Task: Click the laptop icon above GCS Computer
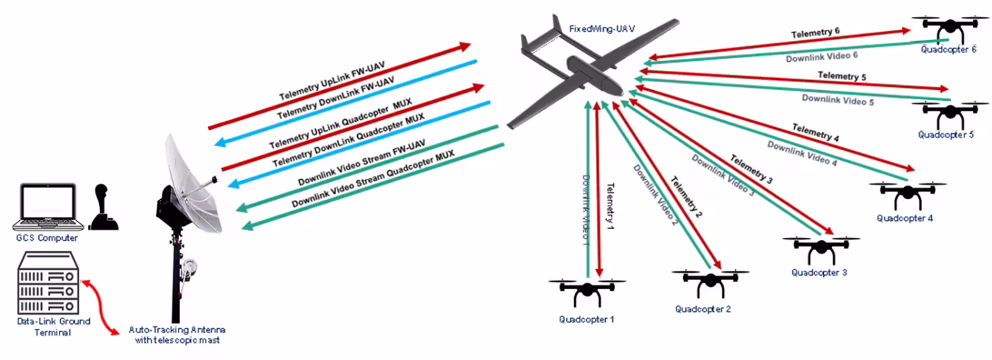tap(45, 206)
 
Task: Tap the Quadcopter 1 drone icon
tap(587, 291)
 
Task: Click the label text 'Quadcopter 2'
tap(702, 309)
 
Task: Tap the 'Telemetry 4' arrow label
tap(816, 133)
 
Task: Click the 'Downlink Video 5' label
tap(838, 101)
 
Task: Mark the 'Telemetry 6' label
tap(815, 33)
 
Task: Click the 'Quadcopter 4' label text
tap(904, 218)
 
